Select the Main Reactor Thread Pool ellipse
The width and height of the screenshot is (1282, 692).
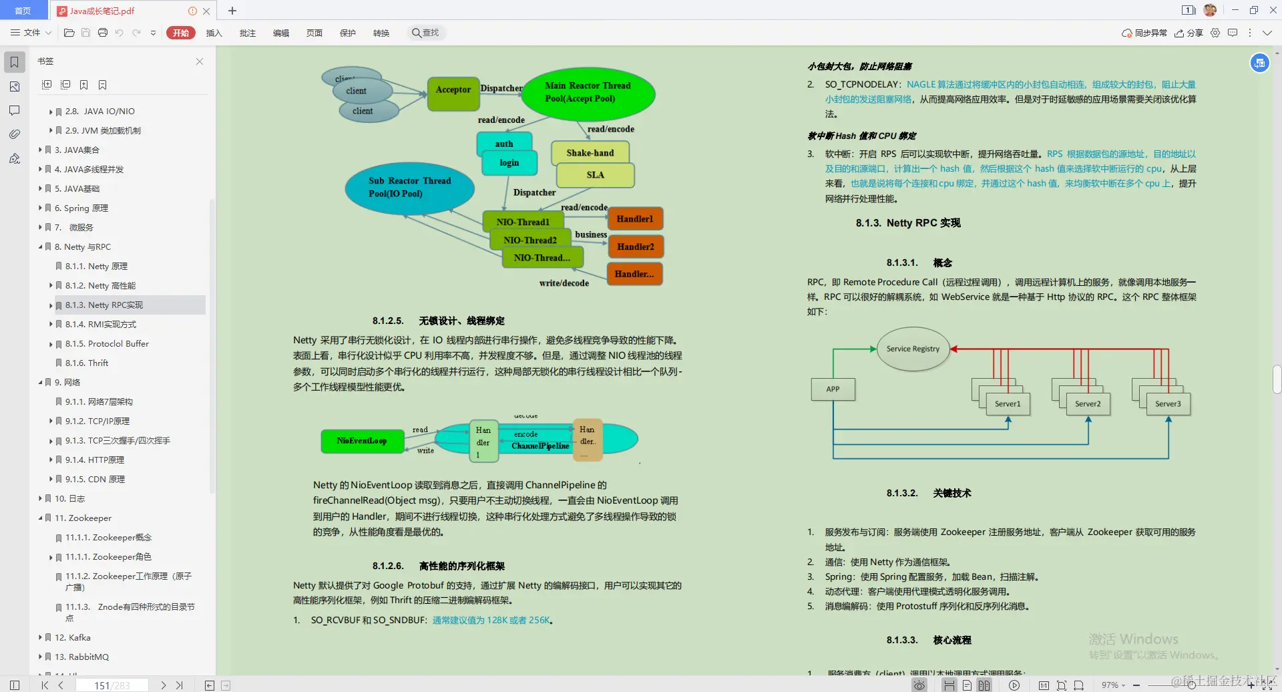pyautogui.click(x=588, y=93)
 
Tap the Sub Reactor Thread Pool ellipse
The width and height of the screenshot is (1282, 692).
pyautogui.click(x=409, y=188)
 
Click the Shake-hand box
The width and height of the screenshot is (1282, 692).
pyautogui.click(x=590, y=153)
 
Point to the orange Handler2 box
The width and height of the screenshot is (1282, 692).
pyautogui.click(x=636, y=246)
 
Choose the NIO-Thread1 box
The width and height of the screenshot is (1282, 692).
pyautogui.click(x=523, y=222)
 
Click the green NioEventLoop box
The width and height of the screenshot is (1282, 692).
pyautogui.click(x=362, y=441)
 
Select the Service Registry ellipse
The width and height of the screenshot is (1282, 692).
pyautogui.click(x=913, y=349)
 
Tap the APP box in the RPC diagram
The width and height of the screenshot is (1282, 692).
pyautogui.click(x=833, y=389)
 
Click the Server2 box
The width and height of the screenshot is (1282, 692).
pyautogui.click(x=1088, y=403)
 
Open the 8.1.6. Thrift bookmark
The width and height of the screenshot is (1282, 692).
pyautogui.click(x=87, y=363)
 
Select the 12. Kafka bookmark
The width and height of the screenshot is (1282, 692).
pyautogui.click(x=73, y=637)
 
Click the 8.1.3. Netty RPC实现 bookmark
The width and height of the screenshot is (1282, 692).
pyautogui.click(x=104, y=305)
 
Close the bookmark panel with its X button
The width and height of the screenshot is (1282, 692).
pyautogui.click(x=200, y=61)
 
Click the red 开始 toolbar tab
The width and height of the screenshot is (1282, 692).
pyautogui.click(x=181, y=33)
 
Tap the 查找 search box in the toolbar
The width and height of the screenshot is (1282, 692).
pyautogui.click(x=427, y=33)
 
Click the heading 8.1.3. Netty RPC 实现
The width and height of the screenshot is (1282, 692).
pyautogui.click(x=908, y=222)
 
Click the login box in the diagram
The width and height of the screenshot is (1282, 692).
pyautogui.click(x=509, y=162)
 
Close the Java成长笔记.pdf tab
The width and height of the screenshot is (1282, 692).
pyautogui.click(x=206, y=11)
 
